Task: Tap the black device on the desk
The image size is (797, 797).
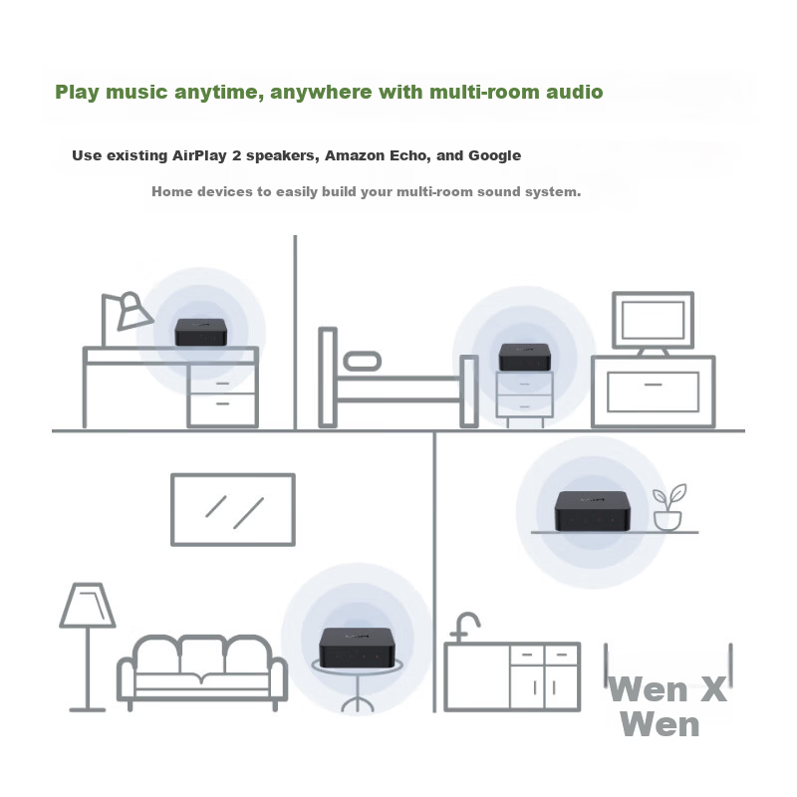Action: click(200, 332)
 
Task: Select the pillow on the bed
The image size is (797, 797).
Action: click(362, 362)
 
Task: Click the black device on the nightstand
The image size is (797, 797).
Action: click(525, 357)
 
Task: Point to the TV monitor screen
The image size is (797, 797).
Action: click(653, 320)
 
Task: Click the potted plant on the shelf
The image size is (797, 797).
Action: click(668, 507)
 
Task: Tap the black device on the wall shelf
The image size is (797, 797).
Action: click(592, 511)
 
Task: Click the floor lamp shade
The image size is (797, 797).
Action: click(88, 605)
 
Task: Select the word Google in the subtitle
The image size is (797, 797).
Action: click(494, 155)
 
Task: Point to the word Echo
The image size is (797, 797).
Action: click(409, 155)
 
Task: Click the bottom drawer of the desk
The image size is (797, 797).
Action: click(222, 409)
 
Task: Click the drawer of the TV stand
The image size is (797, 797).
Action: click(653, 392)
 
